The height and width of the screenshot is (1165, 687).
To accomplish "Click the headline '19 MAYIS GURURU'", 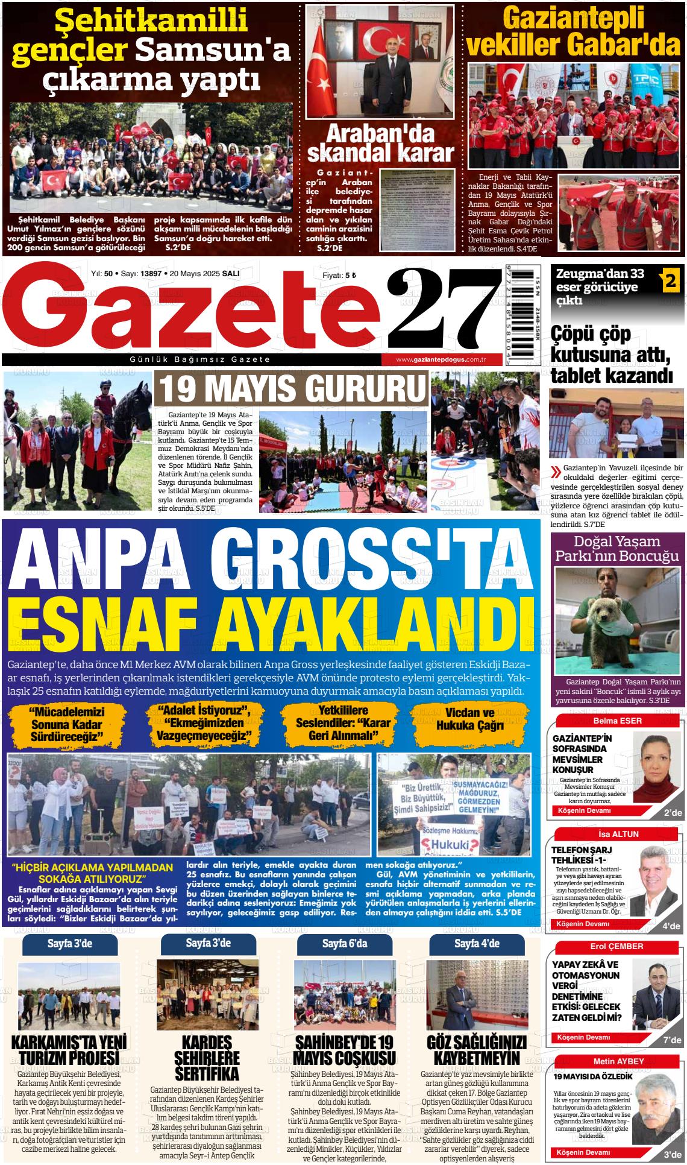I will (290, 389).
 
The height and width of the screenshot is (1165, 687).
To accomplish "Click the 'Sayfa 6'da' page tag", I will (344, 944).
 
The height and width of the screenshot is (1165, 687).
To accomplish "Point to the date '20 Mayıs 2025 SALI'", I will (205, 273).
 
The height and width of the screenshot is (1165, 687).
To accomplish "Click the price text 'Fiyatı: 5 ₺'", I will (340, 275).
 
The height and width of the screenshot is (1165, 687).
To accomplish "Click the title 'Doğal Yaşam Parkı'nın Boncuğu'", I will (617, 548).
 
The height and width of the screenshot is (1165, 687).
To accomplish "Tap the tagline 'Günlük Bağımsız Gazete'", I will (200, 360).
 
